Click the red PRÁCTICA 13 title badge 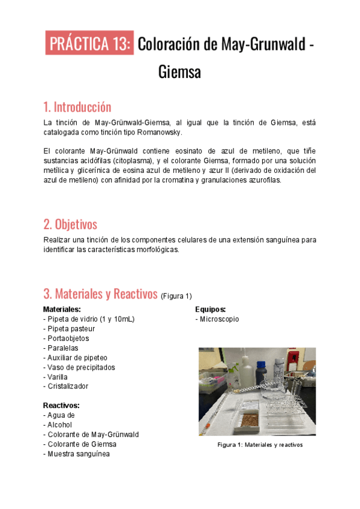click(x=89, y=44)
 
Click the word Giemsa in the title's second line click(x=179, y=72)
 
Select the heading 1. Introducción click(x=77, y=107)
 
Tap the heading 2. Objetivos click(x=70, y=224)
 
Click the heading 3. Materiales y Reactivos click(x=100, y=294)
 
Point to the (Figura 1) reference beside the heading click(x=176, y=296)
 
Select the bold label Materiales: click(x=62, y=309)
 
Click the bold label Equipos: click(x=211, y=309)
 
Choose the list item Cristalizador click(x=68, y=386)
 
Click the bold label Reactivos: click(x=61, y=405)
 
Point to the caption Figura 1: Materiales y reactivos click(x=260, y=445)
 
